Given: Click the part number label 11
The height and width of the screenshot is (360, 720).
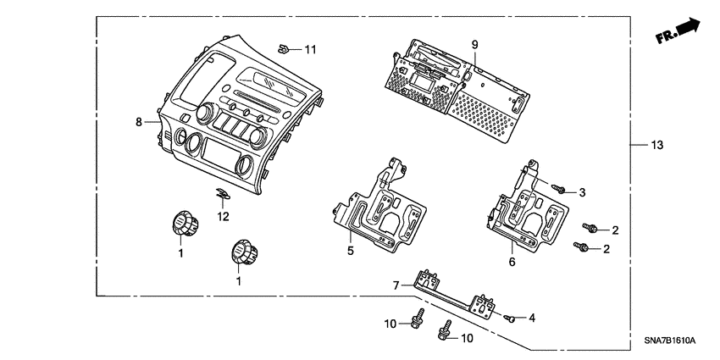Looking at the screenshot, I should pyautogui.click(x=310, y=51).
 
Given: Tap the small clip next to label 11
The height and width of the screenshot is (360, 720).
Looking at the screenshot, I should pyautogui.click(x=285, y=47).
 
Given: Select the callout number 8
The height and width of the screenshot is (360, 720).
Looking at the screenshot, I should pyautogui.click(x=139, y=122).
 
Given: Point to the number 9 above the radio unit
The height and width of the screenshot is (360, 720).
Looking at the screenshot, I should pyautogui.click(x=474, y=44).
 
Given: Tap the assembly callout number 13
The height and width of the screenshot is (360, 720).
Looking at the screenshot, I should pyautogui.click(x=657, y=146).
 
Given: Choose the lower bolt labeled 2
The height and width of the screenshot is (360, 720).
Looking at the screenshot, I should pyautogui.click(x=581, y=246).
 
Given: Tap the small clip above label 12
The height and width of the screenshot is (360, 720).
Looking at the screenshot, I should pyautogui.click(x=221, y=195).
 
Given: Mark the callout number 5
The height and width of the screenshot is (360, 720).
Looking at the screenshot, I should pyautogui.click(x=349, y=250).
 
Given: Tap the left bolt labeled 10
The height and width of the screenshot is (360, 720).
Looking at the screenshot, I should pyautogui.click(x=417, y=321).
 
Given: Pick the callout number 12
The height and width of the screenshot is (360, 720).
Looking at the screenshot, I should pyautogui.click(x=223, y=217).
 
